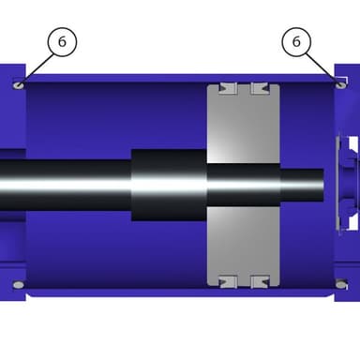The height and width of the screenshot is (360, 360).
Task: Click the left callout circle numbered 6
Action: (62, 42)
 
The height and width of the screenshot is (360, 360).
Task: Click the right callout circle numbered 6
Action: (296, 42)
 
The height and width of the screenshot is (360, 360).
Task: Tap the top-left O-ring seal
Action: (19, 85)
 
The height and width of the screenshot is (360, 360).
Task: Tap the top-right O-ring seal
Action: (341, 84)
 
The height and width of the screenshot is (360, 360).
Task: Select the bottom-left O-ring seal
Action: (19, 285)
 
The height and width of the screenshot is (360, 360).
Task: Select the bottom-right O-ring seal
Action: (341, 284)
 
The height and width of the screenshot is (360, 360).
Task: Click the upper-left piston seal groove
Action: (228, 88)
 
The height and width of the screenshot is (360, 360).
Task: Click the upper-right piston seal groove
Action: (260, 88)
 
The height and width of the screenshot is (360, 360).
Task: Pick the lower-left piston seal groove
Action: (228, 281)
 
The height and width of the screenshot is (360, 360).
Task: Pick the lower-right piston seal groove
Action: (260, 281)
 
